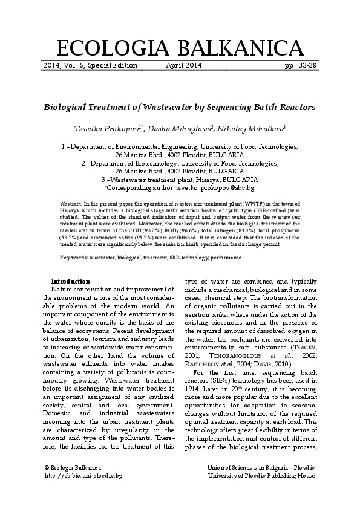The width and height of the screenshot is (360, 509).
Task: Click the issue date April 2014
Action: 183,65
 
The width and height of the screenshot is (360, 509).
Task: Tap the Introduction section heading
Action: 71,281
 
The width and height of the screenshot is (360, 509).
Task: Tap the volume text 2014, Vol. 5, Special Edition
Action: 90,65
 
